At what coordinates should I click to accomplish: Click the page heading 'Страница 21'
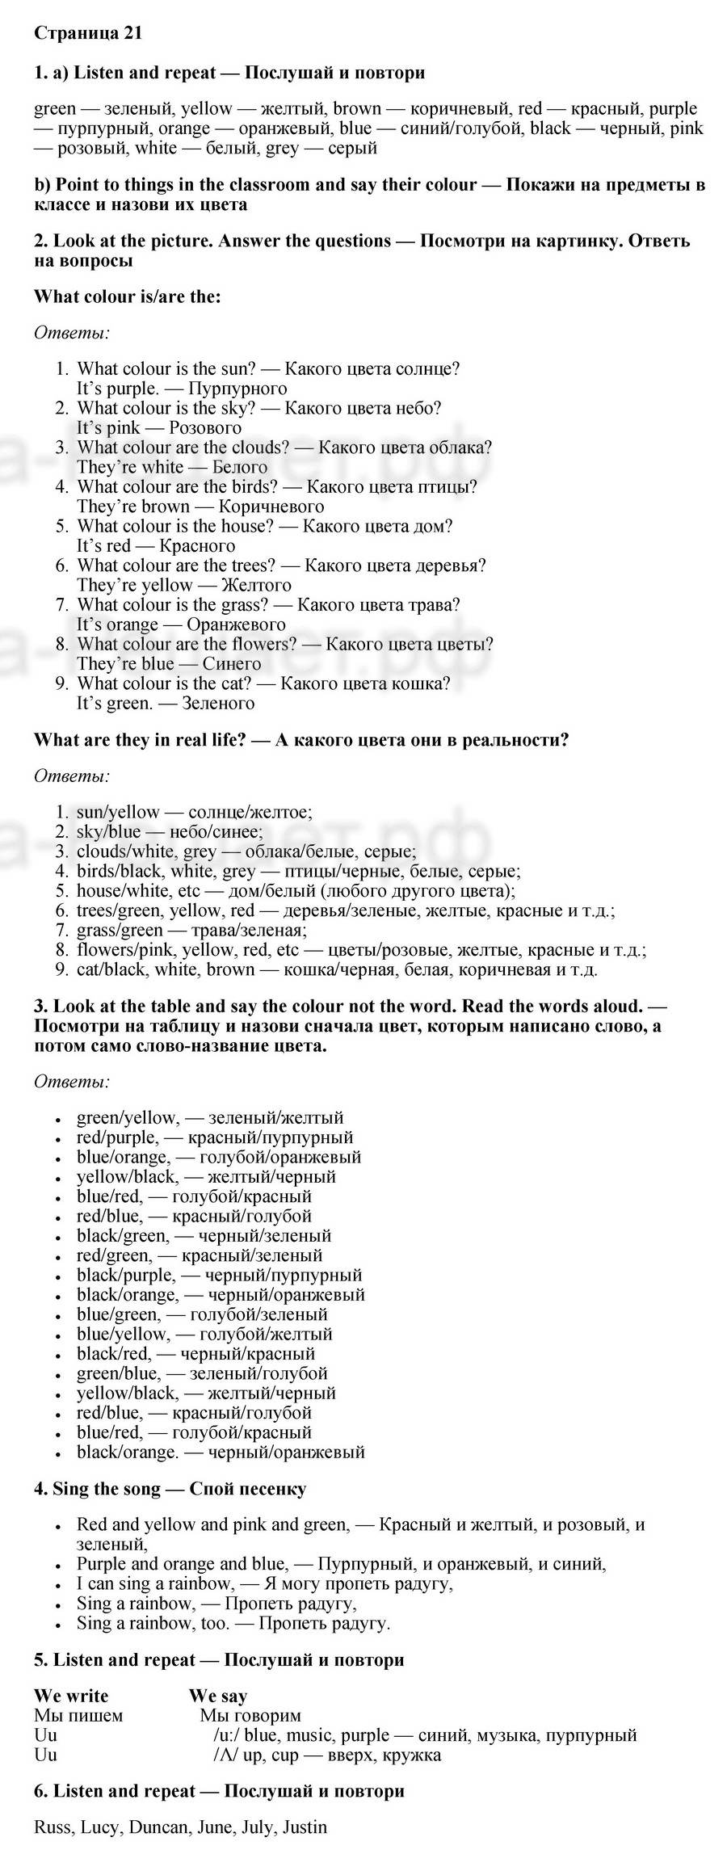click(89, 33)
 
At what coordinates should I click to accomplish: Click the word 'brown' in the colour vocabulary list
click(357, 109)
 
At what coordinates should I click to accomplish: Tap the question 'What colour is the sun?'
click(167, 369)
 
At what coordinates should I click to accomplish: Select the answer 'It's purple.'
click(117, 389)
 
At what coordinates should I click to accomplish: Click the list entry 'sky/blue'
click(109, 832)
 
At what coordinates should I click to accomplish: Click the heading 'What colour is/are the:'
click(128, 296)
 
